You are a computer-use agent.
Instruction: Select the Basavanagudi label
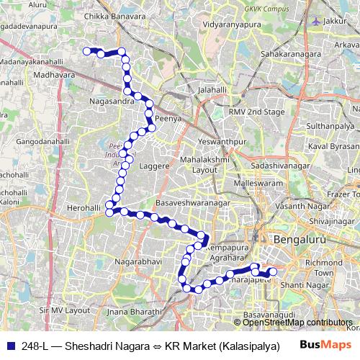[x=268, y=315]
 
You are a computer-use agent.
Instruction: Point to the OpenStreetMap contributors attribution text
[x=297, y=322]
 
